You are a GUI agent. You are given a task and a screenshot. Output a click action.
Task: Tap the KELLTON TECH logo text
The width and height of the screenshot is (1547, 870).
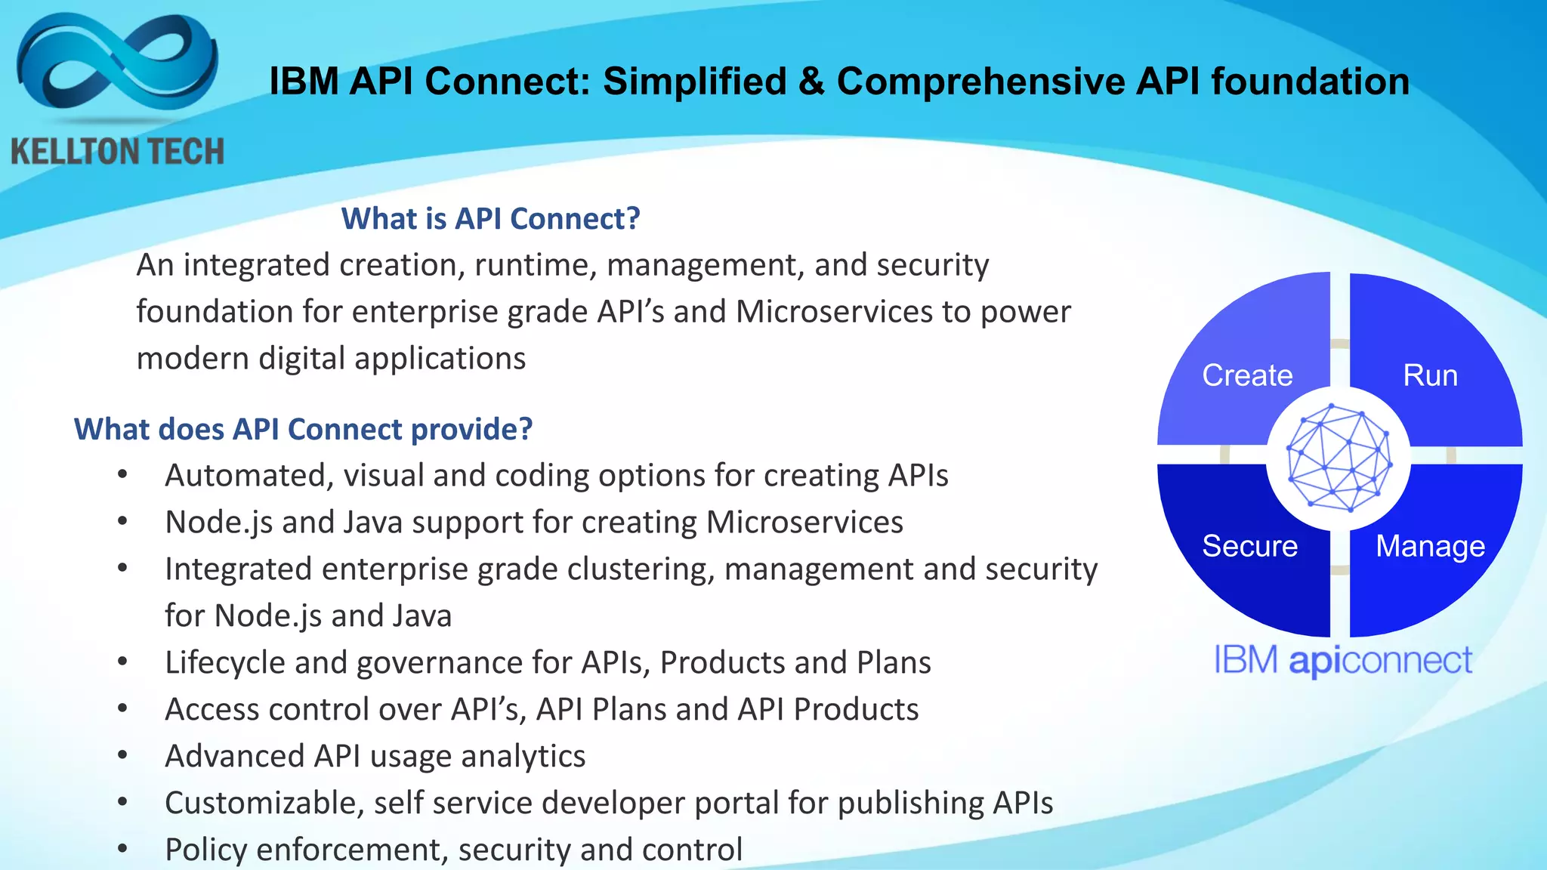point(117,152)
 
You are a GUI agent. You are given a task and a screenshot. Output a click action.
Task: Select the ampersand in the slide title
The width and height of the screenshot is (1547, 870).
point(811,82)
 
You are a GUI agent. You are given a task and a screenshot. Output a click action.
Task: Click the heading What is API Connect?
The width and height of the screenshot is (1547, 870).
point(490,219)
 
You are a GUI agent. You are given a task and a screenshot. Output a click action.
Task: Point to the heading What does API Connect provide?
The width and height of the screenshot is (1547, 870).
point(303,429)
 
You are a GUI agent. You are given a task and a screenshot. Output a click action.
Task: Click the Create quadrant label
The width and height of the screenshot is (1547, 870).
point(1247,375)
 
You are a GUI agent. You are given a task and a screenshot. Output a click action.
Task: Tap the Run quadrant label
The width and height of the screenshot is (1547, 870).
point(1430,375)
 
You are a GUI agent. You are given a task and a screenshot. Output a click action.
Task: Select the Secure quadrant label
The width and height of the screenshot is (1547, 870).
point(1249,546)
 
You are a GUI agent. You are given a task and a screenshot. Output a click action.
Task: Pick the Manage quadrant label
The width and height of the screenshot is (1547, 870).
point(1430,546)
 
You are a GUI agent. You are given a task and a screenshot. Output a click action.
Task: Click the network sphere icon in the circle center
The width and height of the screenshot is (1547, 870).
point(1339,458)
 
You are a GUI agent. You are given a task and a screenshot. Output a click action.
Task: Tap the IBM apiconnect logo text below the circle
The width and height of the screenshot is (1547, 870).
point(1343,661)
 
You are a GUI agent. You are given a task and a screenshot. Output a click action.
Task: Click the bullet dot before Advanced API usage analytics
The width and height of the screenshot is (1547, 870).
point(122,755)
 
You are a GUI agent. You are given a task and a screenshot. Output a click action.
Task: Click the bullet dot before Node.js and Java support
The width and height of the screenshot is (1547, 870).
point(122,521)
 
